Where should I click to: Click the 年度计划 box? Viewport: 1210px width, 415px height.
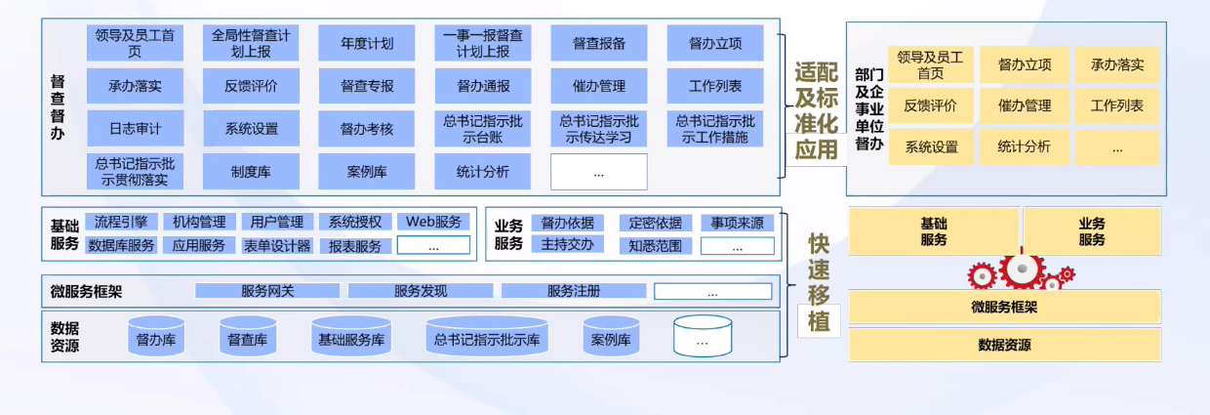tap(367, 44)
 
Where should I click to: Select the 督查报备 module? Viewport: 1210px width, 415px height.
tap(599, 44)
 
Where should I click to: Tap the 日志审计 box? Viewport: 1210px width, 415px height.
tap(136, 128)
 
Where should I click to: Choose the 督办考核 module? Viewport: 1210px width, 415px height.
tap(367, 128)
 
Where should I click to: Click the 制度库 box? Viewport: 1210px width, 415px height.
tap(251, 172)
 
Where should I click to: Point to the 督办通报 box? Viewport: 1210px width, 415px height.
tap(483, 86)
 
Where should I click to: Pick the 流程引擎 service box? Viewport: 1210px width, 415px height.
tap(121, 222)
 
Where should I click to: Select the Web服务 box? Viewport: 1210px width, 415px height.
tap(433, 222)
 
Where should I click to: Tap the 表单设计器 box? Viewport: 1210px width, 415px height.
tap(277, 246)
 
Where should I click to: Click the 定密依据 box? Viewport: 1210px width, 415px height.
tap(656, 222)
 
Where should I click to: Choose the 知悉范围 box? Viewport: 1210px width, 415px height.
tap(656, 246)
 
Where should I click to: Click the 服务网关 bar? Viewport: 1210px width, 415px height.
tap(267, 291)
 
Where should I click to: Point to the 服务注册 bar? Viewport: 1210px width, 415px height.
tap(574, 291)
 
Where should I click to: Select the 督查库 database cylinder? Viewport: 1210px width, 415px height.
tap(248, 337)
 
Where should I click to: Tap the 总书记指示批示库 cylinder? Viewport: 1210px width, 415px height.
tap(487, 337)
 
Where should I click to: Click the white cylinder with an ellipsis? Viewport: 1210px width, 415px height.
tap(703, 337)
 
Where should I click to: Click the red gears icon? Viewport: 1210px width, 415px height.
tap(1021, 269)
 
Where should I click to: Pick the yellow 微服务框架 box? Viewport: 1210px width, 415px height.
tap(1004, 308)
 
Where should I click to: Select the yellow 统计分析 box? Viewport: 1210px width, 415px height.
tap(1024, 147)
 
